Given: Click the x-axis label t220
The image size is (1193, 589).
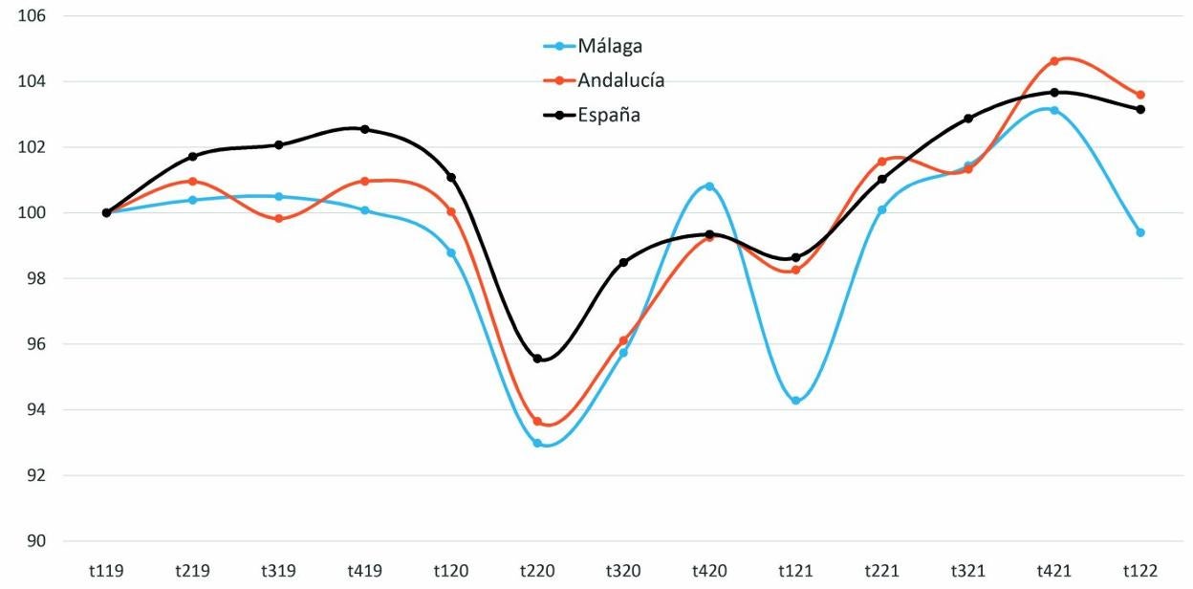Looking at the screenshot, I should tap(537, 572).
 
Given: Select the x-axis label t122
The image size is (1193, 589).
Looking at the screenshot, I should tap(1140, 572).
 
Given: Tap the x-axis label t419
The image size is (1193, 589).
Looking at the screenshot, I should tap(364, 572).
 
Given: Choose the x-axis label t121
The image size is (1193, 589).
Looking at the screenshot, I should tap(795, 572).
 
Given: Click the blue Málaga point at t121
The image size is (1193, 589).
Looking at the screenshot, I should tap(795, 401).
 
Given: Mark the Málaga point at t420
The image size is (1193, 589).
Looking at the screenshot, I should tap(709, 185).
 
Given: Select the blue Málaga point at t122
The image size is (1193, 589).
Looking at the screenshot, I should tap(1140, 232).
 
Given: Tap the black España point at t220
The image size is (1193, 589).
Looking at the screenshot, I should tap(537, 359).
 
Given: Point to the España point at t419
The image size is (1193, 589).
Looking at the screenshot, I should tap(365, 129).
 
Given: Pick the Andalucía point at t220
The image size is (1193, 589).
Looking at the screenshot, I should tap(537, 422).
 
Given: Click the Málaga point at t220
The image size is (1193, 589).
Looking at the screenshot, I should tap(537, 444).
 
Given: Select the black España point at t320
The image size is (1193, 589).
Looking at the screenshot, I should tap(623, 262).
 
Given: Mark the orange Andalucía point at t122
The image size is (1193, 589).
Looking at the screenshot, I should tap(1140, 95).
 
